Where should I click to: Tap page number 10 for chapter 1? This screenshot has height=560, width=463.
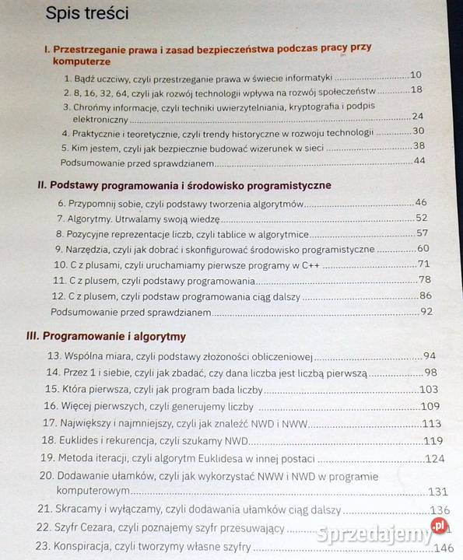(x=416, y=75)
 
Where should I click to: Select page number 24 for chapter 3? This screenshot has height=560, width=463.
(x=418, y=117)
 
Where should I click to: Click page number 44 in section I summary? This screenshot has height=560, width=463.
(x=420, y=160)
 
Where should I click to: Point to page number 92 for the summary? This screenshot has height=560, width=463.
(x=426, y=311)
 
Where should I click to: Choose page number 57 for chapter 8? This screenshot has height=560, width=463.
(x=423, y=233)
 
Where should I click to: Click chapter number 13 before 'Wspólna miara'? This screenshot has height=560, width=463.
(x=54, y=356)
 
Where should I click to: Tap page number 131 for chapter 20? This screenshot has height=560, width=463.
(x=438, y=491)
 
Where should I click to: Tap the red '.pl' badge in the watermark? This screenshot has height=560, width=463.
(x=440, y=527)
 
